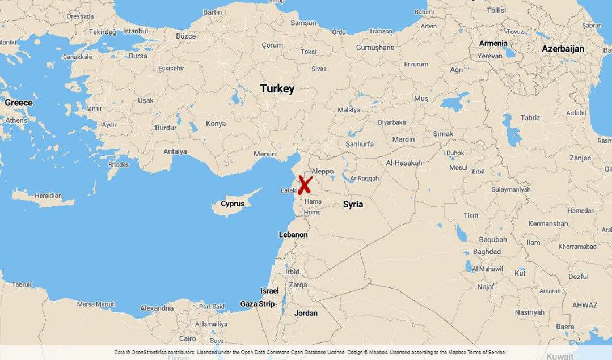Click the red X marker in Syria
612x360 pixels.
305,185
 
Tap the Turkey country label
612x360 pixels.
277,89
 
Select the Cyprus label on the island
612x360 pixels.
233,204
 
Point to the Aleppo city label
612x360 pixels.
323,171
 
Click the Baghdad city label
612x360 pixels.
487,252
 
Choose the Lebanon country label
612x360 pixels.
293,235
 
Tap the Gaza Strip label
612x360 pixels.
258,304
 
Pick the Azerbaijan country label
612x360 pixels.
563,49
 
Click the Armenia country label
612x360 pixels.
493,43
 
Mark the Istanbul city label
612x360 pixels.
135,31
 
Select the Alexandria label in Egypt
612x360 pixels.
157,308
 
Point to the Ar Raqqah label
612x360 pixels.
364,179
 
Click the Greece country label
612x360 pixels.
19,103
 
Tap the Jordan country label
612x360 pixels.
306,313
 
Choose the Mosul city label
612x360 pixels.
458,167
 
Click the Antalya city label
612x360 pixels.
175,151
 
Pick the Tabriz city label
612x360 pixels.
530,118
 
